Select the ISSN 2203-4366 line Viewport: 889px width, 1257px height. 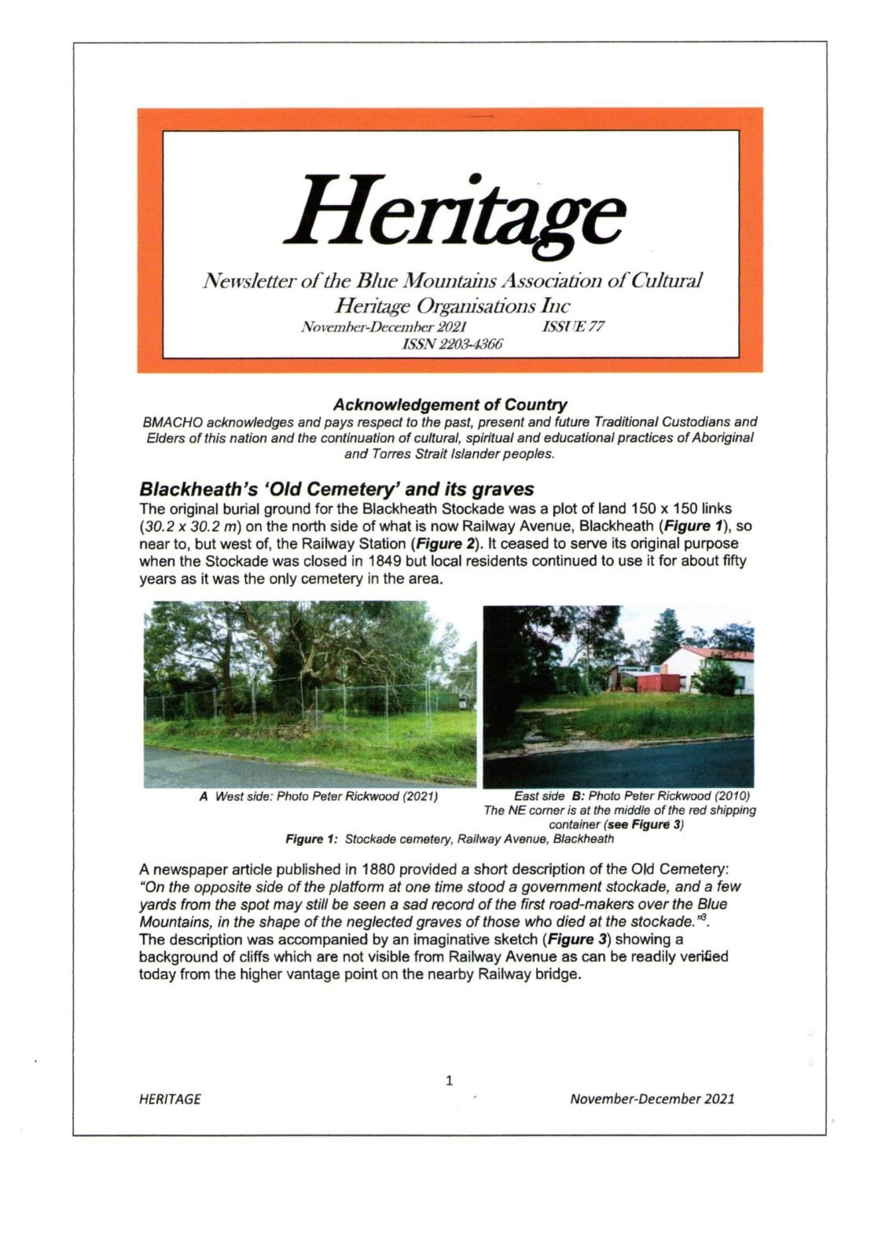click(x=452, y=344)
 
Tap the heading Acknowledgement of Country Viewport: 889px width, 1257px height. click(x=449, y=405)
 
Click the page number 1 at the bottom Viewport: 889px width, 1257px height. click(x=450, y=1080)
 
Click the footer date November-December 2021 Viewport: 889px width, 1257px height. click(x=652, y=1098)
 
